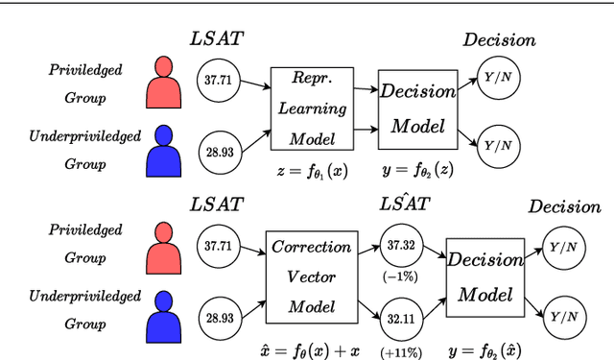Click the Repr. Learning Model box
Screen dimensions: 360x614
306,108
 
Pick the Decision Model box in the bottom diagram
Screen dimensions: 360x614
485,277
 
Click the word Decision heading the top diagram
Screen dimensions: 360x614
499,40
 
